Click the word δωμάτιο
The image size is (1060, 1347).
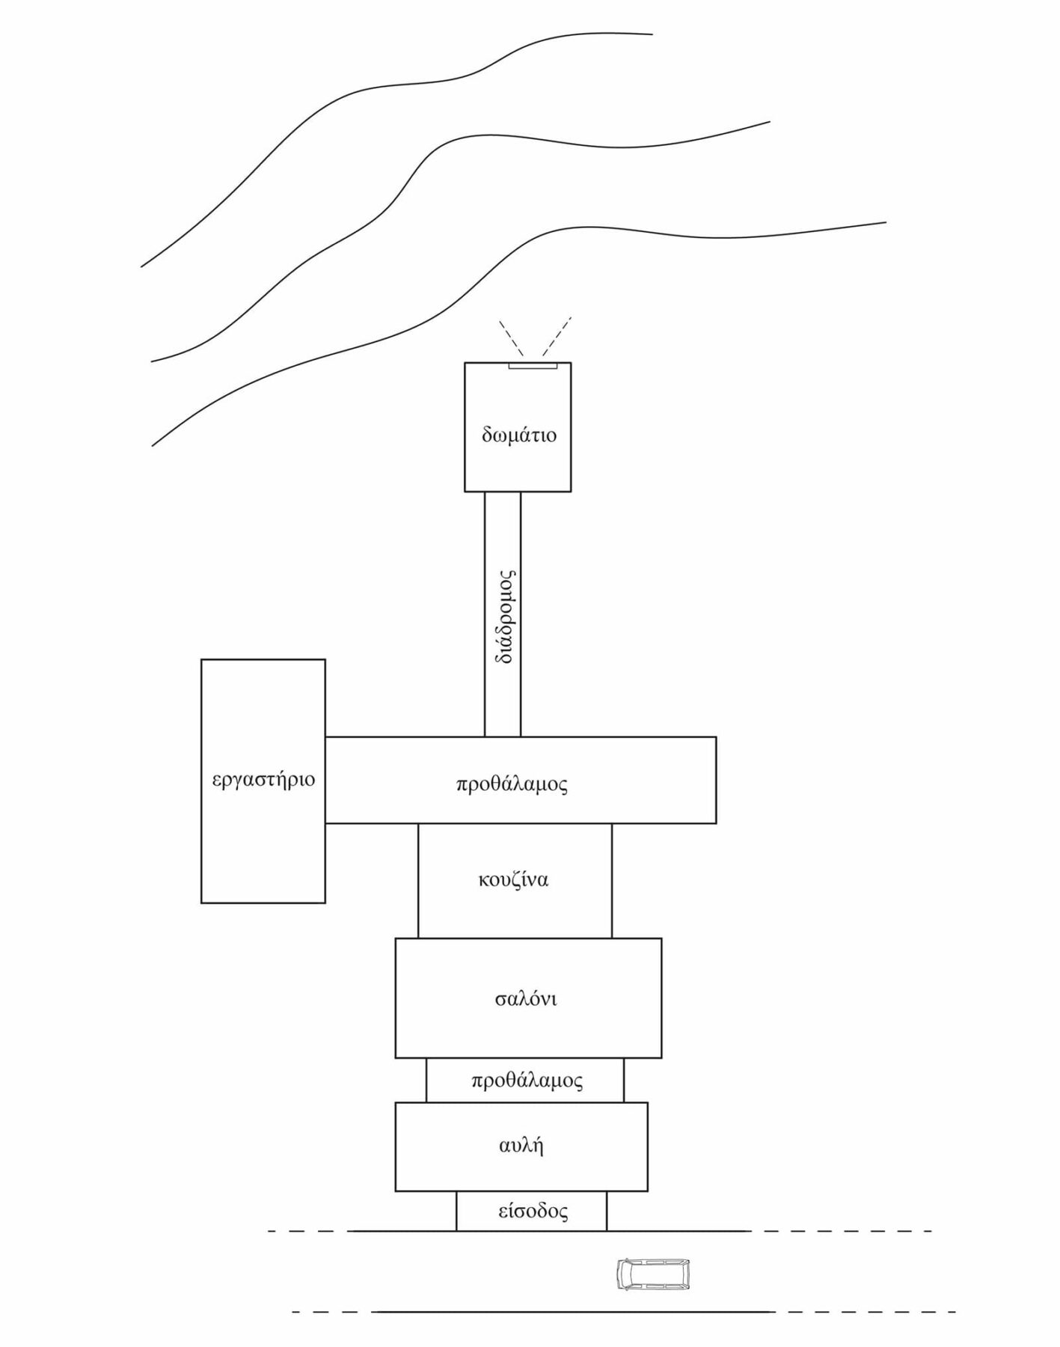(519, 435)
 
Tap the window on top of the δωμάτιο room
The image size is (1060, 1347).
(533, 366)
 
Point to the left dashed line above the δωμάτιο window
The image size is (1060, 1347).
(512, 338)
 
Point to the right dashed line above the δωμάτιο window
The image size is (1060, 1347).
(557, 335)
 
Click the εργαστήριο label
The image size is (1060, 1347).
(263, 780)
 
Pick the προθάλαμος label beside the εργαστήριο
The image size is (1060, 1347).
(512, 784)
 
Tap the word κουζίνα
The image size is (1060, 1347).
(513, 879)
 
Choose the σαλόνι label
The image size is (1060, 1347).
(526, 999)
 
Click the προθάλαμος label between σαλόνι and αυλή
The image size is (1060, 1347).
(527, 1081)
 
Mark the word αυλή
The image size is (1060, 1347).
(521, 1146)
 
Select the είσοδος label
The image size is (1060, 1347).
(533, 1211)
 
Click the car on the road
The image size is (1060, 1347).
(652, 1274)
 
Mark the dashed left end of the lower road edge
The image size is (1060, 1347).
(333, 1312)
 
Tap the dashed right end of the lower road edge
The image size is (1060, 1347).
(864, 1312)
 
